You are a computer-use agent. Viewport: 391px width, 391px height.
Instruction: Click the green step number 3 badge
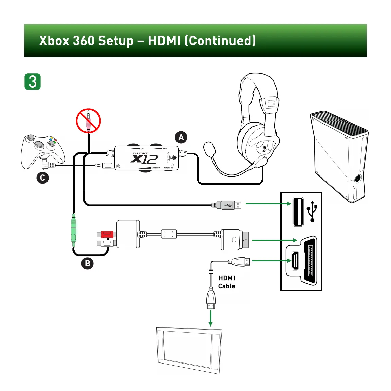(x=33, y=81)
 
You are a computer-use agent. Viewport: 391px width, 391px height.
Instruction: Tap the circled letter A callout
(x=181, y=137)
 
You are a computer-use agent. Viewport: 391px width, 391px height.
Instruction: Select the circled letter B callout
(x=87, y=263)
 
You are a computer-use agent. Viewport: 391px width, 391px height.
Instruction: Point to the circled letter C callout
(x=42, y=178)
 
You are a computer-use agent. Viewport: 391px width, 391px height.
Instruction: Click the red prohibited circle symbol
(x=88, y=121)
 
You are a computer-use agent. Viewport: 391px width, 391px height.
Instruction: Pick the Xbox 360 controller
(x=43, y=151)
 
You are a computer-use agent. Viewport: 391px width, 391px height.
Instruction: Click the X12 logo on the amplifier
(x=144, y=159)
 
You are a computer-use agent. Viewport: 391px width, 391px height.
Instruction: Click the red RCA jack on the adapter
(x=107, y=234)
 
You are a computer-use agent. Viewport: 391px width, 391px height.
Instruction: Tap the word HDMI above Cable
(x=226, y=278)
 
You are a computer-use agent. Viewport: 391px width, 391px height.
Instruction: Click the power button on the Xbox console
(x=357, y=179)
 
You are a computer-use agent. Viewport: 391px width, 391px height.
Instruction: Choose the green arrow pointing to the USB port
(x=268, y=204)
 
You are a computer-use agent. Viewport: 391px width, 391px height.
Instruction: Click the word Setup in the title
(x=116, y=41)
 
